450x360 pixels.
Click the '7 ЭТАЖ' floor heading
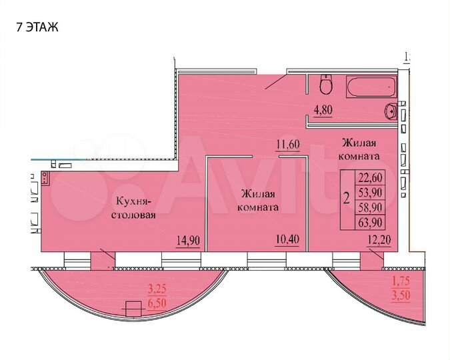tap(37, 27)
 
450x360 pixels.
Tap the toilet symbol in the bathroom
tap(326, 86)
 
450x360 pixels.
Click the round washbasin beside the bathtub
tap(391, 110)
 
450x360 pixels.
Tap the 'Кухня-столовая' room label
tap(135, 207)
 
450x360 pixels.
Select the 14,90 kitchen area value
tap(187, 240)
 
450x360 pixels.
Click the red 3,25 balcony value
tap(157, 289)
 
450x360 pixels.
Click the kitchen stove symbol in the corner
tap(45, 178)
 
